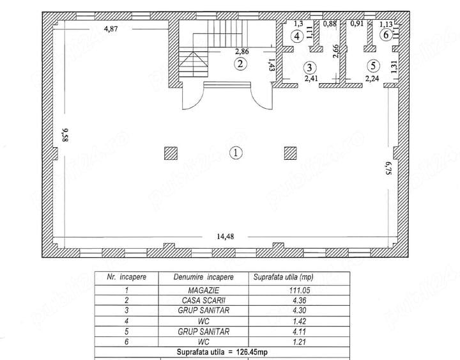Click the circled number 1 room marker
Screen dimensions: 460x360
[236, 153]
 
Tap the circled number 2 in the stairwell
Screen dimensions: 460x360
[240, 64]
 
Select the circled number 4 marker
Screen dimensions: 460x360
[297, 36]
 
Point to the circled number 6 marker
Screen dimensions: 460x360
[386, 35]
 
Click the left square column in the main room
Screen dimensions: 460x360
[171, 153]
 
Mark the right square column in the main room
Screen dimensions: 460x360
[291, 153]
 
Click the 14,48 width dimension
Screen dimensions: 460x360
[226, 237]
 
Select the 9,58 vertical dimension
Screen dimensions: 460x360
[65, 135]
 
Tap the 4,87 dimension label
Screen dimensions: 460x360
[111, 29]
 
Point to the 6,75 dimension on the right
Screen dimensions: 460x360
[388, 168]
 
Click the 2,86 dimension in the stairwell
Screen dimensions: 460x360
[242, 52]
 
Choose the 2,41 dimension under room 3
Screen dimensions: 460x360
[311, 79]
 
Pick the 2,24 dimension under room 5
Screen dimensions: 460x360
[372, 79]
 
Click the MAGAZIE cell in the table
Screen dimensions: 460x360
[204, 290]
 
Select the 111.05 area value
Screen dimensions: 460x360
[299, 290]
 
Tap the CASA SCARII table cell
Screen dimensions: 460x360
[204, 301]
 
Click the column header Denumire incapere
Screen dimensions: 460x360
[204, 278]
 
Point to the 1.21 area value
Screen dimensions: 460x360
[299, 342]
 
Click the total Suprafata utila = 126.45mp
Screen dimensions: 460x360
[222, 352]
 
